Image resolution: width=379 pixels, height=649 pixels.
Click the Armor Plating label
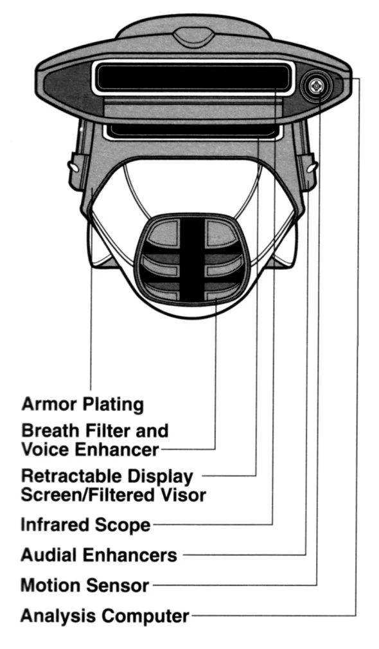point(82,404)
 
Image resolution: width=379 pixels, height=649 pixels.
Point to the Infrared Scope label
point(85,524)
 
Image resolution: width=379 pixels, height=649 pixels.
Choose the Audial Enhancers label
point(99,555)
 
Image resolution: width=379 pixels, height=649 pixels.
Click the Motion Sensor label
point(85,585)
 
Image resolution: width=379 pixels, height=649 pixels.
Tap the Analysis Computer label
point(105,616)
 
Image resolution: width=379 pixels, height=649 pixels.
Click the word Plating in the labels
point(114,404)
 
